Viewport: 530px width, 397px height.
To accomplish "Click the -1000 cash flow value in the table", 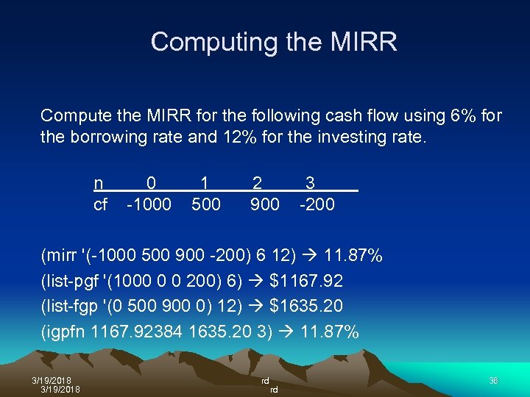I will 149,204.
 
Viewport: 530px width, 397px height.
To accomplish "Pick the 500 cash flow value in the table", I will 206,204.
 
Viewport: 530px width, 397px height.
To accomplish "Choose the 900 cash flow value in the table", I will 265,204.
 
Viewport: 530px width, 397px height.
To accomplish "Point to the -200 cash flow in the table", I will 317,204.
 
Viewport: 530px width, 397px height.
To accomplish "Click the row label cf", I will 101,204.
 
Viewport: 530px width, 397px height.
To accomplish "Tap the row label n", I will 99,182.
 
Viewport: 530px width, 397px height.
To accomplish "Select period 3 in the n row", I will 311,182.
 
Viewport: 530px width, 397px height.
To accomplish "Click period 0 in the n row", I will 151,182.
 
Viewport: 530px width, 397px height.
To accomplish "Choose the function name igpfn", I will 66,332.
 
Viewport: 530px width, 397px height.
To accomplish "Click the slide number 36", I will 493,380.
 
